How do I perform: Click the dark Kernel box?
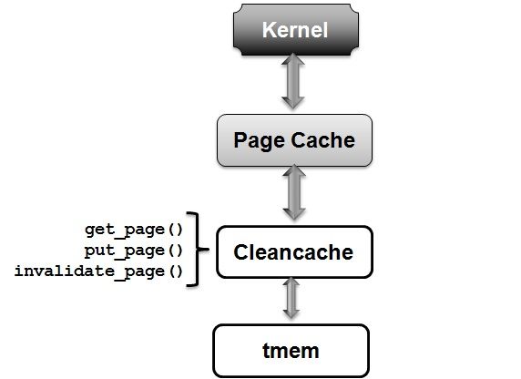pyautogui.click(x=296, y=29)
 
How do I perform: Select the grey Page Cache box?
pyautogui.click(x=294, y=140)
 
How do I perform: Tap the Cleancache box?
pyautogui.click(x=294, y=251)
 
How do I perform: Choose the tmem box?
pyautogui.click(x=291, y=351)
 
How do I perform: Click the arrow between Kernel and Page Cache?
pyautogui.click(x=293, y=81)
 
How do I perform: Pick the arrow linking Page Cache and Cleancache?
pyautogui.click(x=294, y=192)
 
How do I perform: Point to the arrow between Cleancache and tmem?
pyautogui.click(x=291, y=298)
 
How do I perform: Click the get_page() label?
pyautogui.click(x=134, y=230)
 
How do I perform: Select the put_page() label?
pyautogui.click(x=134, y=251)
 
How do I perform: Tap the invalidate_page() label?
pyautogui.click(x=98, y=271)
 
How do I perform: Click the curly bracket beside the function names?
pyautogui.click(x=198, y=249)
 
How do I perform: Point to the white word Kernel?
pyautogui.click(x=295, y=29)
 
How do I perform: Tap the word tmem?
pyautogui.click(x=291, y=351)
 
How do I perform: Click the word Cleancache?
pyautogui.click(x=293, y=252)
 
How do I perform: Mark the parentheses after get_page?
pyautogui.click(x=176, y=230)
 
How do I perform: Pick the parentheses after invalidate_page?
pyautogui.click(x=176, y=271)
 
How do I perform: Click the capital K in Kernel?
pyautogui.click(x=269, y=29)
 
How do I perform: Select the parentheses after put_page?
pyautogui.click(x=176, y=251)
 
